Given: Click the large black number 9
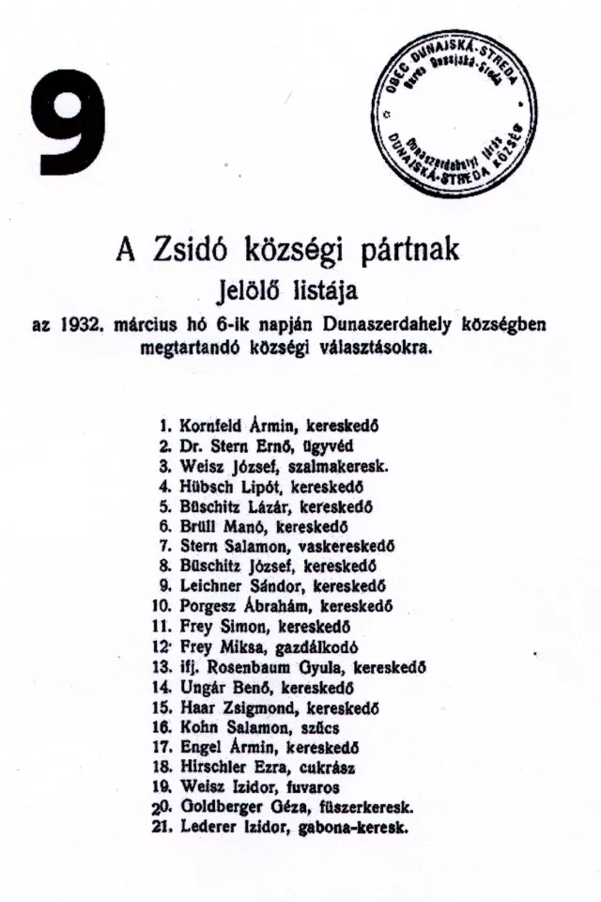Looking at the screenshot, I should pos(71,123).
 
